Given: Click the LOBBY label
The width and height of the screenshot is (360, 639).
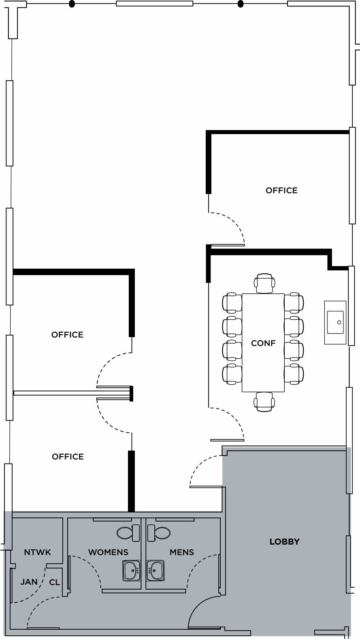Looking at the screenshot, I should [284, 542].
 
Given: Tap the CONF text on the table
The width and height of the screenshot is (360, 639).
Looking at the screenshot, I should [263, 343].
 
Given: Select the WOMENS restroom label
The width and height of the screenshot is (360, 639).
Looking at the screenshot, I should [108, 552].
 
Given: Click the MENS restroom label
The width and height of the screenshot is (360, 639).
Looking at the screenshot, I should [181, 552].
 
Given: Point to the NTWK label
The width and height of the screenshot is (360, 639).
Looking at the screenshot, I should [37, 552].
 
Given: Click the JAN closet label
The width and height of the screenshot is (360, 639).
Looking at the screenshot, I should [29, 582].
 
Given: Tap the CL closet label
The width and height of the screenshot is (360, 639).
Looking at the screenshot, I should [55, 582].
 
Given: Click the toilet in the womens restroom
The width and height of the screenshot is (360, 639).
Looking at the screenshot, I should [128, 533].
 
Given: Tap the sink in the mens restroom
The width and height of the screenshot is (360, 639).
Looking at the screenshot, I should [156, 571].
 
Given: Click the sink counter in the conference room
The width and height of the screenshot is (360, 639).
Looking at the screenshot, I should [335, 323].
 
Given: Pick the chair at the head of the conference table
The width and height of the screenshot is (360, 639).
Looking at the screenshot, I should [264, 283].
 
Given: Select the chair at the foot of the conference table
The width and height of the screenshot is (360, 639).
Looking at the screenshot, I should [264, 402].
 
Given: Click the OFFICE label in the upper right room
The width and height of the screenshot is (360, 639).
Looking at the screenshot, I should [281, 190].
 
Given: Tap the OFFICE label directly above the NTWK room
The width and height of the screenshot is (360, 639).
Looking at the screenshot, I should [68, 457].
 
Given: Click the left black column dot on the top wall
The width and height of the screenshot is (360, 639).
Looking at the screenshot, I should [72, 4].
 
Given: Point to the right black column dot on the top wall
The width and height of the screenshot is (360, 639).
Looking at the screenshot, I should [240, 4].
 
